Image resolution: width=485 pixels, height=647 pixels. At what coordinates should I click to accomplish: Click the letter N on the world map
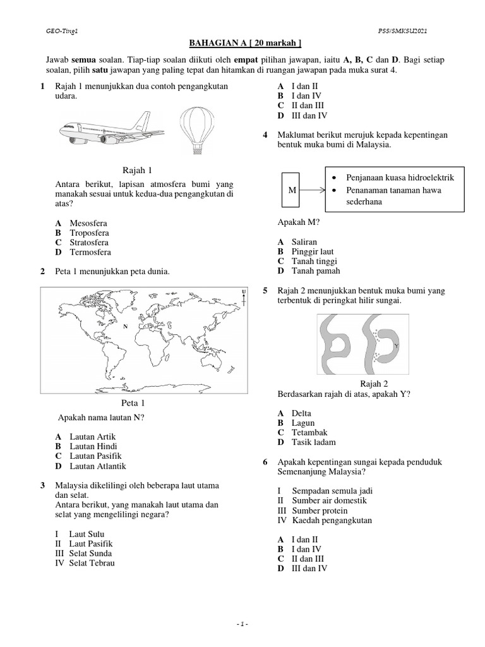(x=125, y=326)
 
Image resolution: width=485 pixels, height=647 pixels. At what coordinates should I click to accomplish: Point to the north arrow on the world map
(x=243, y=296)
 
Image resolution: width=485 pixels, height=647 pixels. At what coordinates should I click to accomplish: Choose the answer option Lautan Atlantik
(x=98, y=466)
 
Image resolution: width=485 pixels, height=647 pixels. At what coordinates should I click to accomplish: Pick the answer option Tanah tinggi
(x=314, y=261)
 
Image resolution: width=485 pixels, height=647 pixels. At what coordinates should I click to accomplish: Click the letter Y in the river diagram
(x=395, y=346)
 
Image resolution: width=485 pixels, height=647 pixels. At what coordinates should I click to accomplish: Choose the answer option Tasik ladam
(x=313, y=442)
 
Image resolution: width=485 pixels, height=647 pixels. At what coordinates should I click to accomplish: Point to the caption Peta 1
(x=133, y=402)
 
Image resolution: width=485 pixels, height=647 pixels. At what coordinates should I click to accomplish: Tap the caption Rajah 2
(x=374, y=384)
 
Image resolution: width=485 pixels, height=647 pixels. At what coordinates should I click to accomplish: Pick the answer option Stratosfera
(x=89, y=242)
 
